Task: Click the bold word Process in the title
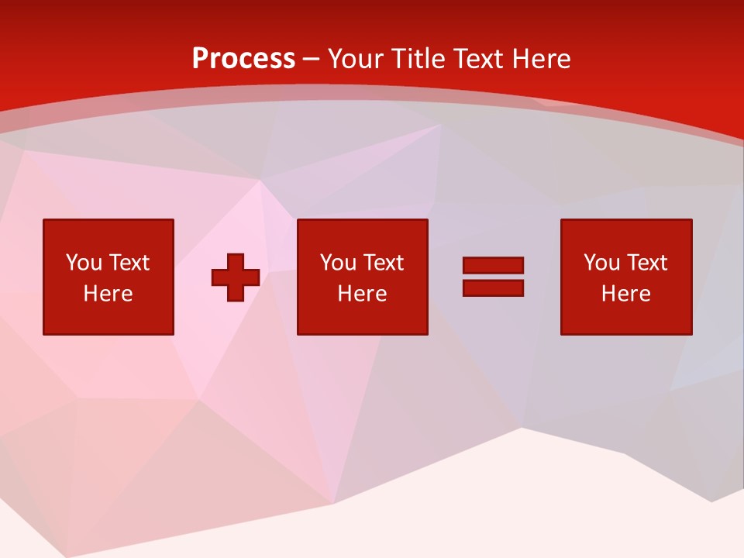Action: (243, 59)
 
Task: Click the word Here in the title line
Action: (542, 59)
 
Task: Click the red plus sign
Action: (236, 277)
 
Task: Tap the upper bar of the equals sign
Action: (493, 266)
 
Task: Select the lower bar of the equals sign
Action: (493, 288)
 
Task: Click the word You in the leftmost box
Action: (84, 263)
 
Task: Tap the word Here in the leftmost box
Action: (108, 294)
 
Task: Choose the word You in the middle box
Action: (338, 263)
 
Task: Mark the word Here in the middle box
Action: (362, 294)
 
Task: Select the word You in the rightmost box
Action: (601, 263)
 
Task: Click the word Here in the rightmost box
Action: (625, 294)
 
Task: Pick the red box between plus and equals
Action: (362, 318)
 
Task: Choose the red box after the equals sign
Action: (625, 318)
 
